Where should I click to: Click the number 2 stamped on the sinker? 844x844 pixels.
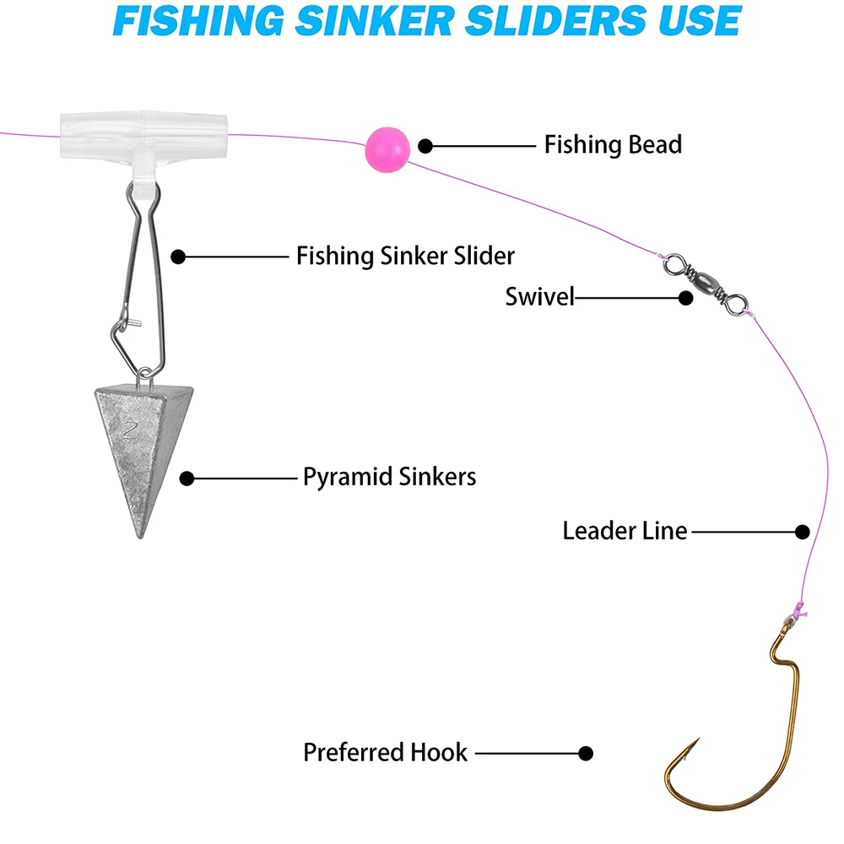128,430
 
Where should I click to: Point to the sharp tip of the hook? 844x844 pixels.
698,740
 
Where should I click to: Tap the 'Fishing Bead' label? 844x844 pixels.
613,144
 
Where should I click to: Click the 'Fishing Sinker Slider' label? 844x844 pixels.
405,255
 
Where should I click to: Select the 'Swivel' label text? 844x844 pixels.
540,297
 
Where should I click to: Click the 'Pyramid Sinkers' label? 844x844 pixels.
389,477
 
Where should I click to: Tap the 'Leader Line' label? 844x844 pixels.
625,531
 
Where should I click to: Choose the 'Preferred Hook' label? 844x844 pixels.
385,752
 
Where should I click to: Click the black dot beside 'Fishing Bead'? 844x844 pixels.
426,146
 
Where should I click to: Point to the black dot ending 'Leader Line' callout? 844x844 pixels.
803,532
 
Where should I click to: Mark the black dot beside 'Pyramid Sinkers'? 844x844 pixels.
187,479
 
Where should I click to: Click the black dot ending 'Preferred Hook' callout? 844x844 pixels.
586,753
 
